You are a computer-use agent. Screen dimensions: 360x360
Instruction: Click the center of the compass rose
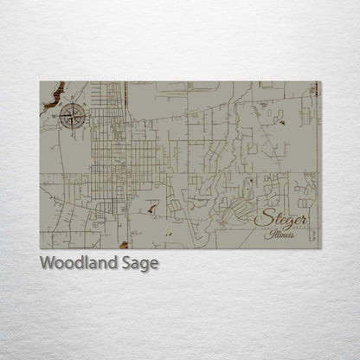coord(73,116)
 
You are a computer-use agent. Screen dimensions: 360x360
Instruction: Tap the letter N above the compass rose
coord(73,102)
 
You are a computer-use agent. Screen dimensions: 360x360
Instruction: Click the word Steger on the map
coord(281,219)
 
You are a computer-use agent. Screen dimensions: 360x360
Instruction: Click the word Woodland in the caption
coord(73,263)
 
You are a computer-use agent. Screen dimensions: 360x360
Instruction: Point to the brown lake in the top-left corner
coord(55,93)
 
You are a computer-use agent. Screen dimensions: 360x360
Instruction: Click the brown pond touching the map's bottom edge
coord(124,245)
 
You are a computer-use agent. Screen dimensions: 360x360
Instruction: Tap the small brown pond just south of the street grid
coord(152,208)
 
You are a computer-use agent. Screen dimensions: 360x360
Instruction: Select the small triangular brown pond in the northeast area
coord(282,122)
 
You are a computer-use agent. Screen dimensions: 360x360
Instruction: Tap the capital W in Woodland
coord(47,263)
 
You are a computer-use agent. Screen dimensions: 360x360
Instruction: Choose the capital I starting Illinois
coord(270,234)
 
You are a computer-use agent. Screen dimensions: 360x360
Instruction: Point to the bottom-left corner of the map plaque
coord(41,248)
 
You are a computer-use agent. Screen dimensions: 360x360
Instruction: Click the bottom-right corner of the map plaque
coord(320,248)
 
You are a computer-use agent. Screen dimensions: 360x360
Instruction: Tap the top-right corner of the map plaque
coord(320,82)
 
